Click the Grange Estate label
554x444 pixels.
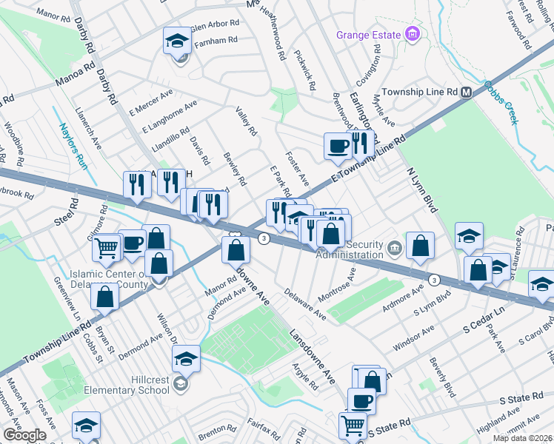367,35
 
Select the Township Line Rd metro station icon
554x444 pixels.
467,92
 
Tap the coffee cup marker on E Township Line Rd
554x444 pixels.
338,145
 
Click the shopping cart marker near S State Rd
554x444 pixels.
353,425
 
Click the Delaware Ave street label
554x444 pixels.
304,304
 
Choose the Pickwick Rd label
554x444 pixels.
305,65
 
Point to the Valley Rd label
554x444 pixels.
246,121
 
